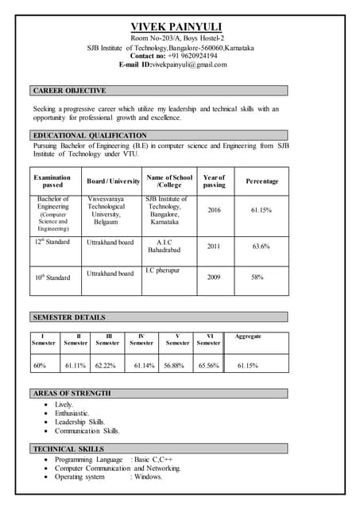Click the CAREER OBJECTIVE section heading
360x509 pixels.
pyautogui.click(x=70, y=91)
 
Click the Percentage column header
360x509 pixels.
pyautogui.click(x=261, y=181)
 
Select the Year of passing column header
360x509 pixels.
pyautogui.click(x=214, y=181)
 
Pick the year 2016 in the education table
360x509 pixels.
pyautogui.click(x=214, y=210)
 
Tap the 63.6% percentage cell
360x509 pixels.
pyautogui.click(x=261, y=247)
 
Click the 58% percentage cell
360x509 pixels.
pyautogui.click(x=257, y=278)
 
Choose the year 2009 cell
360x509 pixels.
pyautogui.click(x=214, y=278)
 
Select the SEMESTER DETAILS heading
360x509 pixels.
pyautogui.click(x=70, y=317)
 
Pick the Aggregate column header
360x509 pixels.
pyautogui.click(x=248, y=336)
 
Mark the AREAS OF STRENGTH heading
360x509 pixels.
pyautogui.click(x=72, y=394)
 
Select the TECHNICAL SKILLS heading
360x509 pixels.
pyautogui.click(x=68, y=449)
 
